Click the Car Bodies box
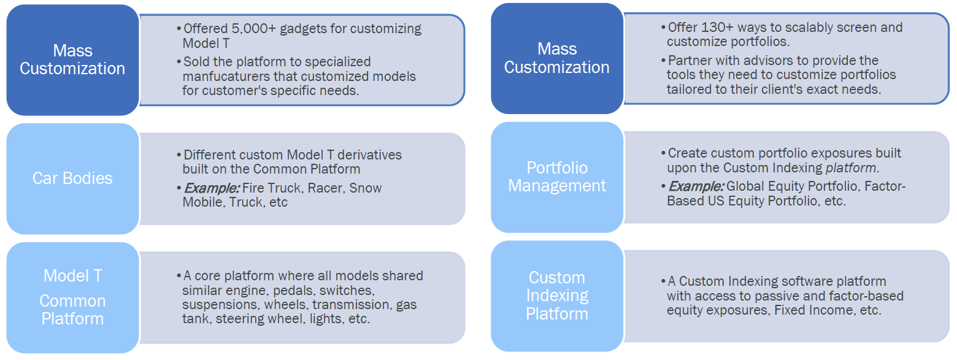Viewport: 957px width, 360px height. coord(72,178)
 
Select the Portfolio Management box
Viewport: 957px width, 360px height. coord(556,177)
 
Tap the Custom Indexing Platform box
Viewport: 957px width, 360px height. coord(556,296)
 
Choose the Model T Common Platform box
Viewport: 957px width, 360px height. coord(72,297)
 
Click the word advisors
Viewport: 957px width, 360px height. coord(761,60)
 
